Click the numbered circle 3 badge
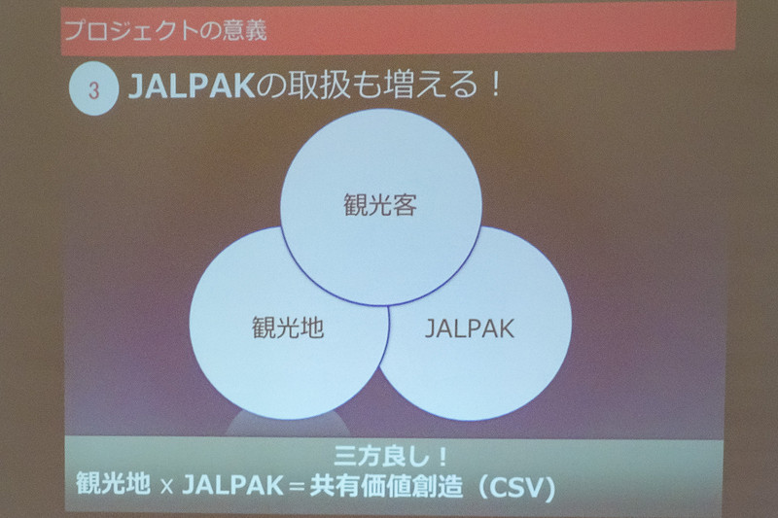(x=93, y=91)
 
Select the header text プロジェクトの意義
(x=162, y=29)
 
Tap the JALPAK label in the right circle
(x=470, y=328)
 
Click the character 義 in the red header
(x=254, y=29)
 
